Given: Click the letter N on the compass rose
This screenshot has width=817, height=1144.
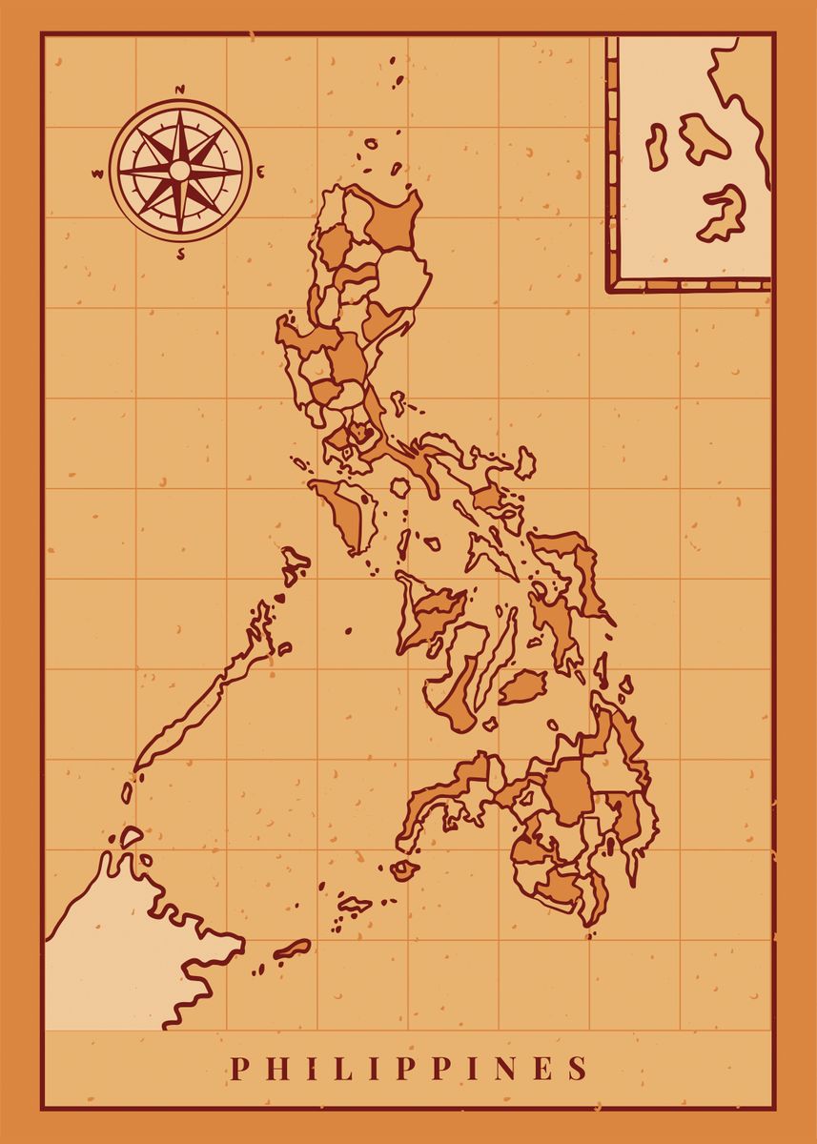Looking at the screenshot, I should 179,92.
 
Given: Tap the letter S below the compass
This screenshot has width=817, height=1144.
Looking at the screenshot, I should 181,255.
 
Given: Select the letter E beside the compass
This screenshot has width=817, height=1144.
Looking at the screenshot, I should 261,172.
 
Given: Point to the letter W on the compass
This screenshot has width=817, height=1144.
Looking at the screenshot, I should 97,174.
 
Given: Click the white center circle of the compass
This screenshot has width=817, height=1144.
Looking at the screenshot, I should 179,171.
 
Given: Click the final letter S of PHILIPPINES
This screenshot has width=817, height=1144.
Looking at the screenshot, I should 578,1068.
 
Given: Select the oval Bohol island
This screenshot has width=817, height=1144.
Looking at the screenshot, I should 521,685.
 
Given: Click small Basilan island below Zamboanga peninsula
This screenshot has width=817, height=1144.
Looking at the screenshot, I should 405,869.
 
